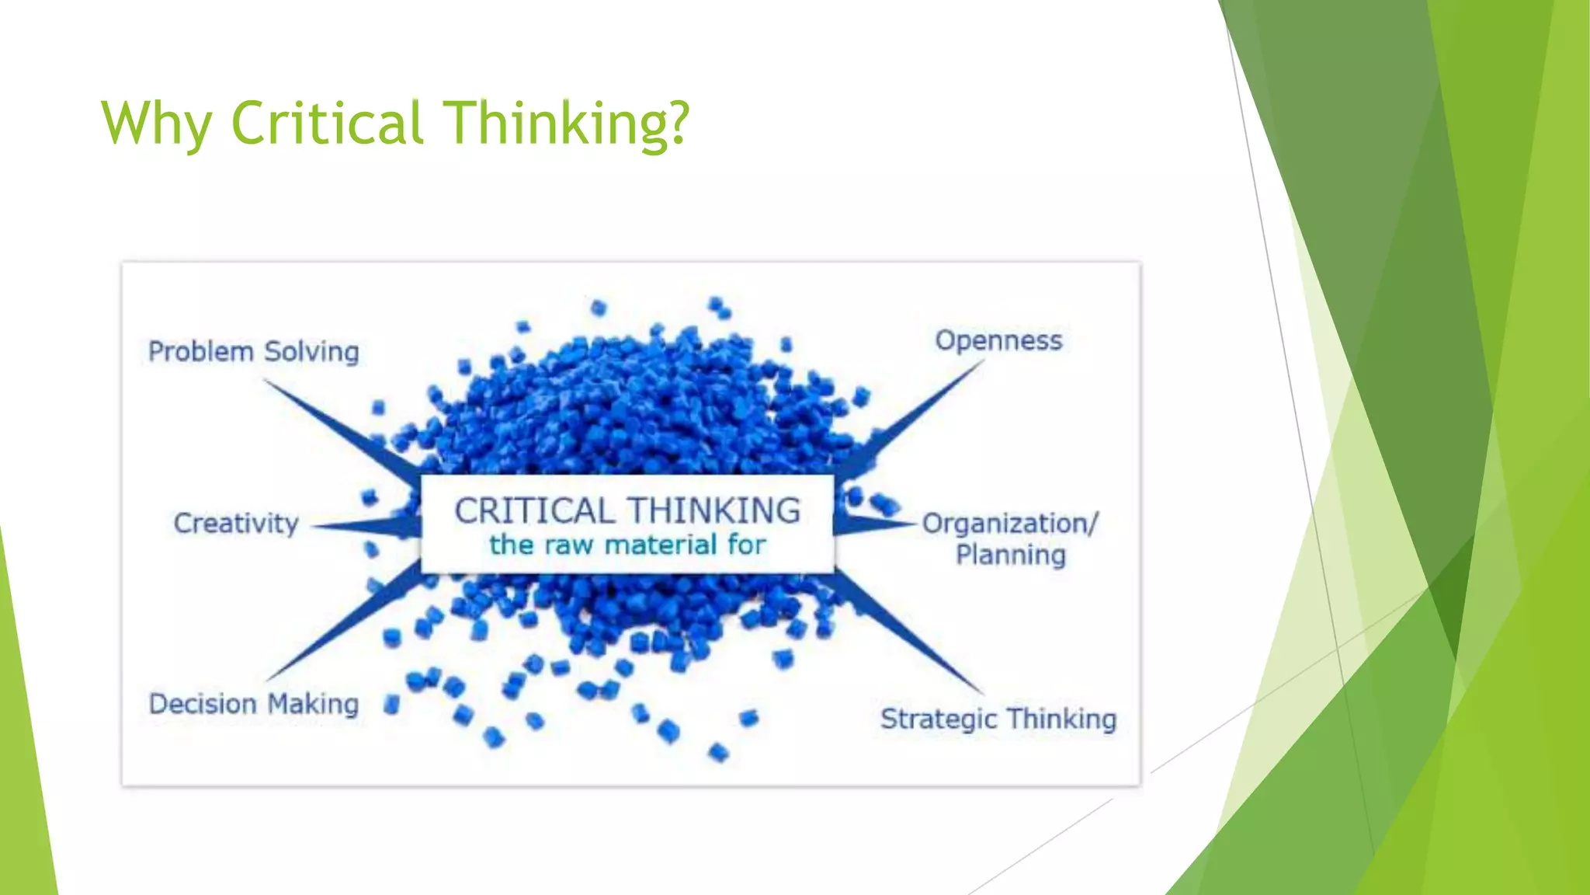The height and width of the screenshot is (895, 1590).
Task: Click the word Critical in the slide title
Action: pyautogui.click(x=328, y=123)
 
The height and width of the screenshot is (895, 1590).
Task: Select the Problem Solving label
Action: pyautogui.click(x=254, y=352)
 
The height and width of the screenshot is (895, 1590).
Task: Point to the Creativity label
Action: pyautogui.click(x=236, y=524)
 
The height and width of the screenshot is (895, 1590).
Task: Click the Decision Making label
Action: pyautogui.click(x=254, y=704)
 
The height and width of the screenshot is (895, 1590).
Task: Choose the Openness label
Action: pyautogui.click(x=998, y=341)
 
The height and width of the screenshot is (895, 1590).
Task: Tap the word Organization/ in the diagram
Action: pyautogui.click(x=1009, y=524)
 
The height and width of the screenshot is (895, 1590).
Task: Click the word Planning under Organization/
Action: pyautogui.click(x=1011, y=555)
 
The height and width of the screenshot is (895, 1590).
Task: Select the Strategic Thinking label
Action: pyautogui.click(x=998, y=719)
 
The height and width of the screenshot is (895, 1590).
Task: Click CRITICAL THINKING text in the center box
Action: pyautogui.click(x=627, y=511)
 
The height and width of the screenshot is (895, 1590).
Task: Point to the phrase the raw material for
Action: pyautogui.click(x=627, y=545)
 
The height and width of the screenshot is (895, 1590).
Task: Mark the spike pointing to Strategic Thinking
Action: pyautogui.click(x=908, y=633)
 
